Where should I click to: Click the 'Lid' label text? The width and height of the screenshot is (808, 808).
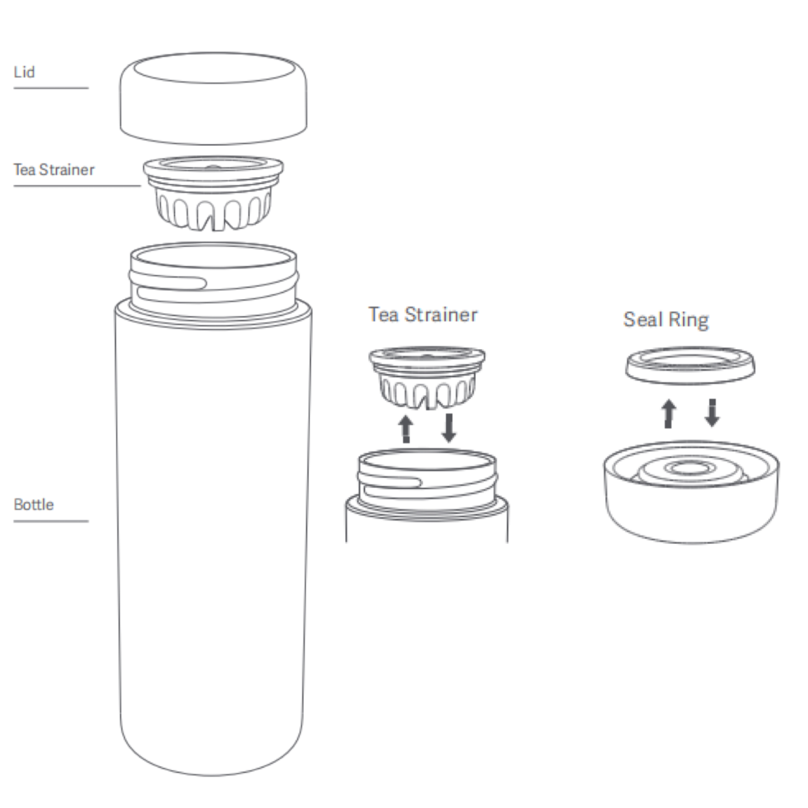coord(24,72)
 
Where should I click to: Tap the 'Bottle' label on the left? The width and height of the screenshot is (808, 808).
coord(34,505)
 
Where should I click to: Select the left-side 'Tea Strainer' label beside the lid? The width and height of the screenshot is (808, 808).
coord(54,170)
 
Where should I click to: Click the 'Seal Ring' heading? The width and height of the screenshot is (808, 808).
coord(666,320)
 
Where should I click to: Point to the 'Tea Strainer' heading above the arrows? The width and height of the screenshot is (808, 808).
coord(423,315)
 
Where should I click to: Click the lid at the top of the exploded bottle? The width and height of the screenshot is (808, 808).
coord(213,98)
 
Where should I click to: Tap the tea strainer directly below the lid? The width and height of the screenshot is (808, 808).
coord(213,193)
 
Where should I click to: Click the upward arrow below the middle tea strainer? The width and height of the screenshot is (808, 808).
coord(405,429)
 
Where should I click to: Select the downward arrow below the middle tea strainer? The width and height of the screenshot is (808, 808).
coord(449,428)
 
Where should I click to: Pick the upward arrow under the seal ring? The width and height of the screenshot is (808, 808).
coord(669,413)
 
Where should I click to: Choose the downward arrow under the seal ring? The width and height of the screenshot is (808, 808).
coord(712,413)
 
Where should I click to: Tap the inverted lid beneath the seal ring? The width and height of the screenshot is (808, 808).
coord(691,492)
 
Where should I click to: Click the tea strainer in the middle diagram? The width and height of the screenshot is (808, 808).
coord(427,378)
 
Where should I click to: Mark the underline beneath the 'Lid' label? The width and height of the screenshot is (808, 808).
coord(51,88)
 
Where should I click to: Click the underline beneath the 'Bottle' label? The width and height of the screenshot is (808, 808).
coord(51,521)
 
